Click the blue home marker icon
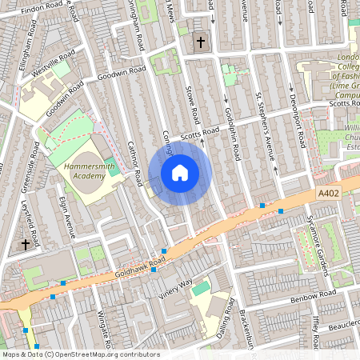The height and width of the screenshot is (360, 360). [180, 172]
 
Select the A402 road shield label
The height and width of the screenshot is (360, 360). [328, 194]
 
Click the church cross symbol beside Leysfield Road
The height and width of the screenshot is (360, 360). [26, 243]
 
